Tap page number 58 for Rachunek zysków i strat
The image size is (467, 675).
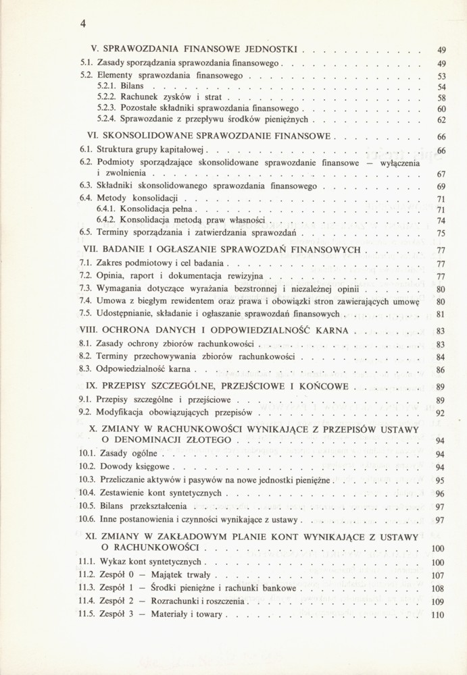point(441,99)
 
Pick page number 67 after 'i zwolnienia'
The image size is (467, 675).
point(441,174)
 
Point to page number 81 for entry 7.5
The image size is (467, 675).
point(441,314)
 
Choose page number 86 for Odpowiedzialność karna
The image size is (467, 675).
point(441,370)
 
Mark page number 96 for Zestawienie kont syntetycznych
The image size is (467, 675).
point(441,493)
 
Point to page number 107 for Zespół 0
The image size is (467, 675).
point(439,576)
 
